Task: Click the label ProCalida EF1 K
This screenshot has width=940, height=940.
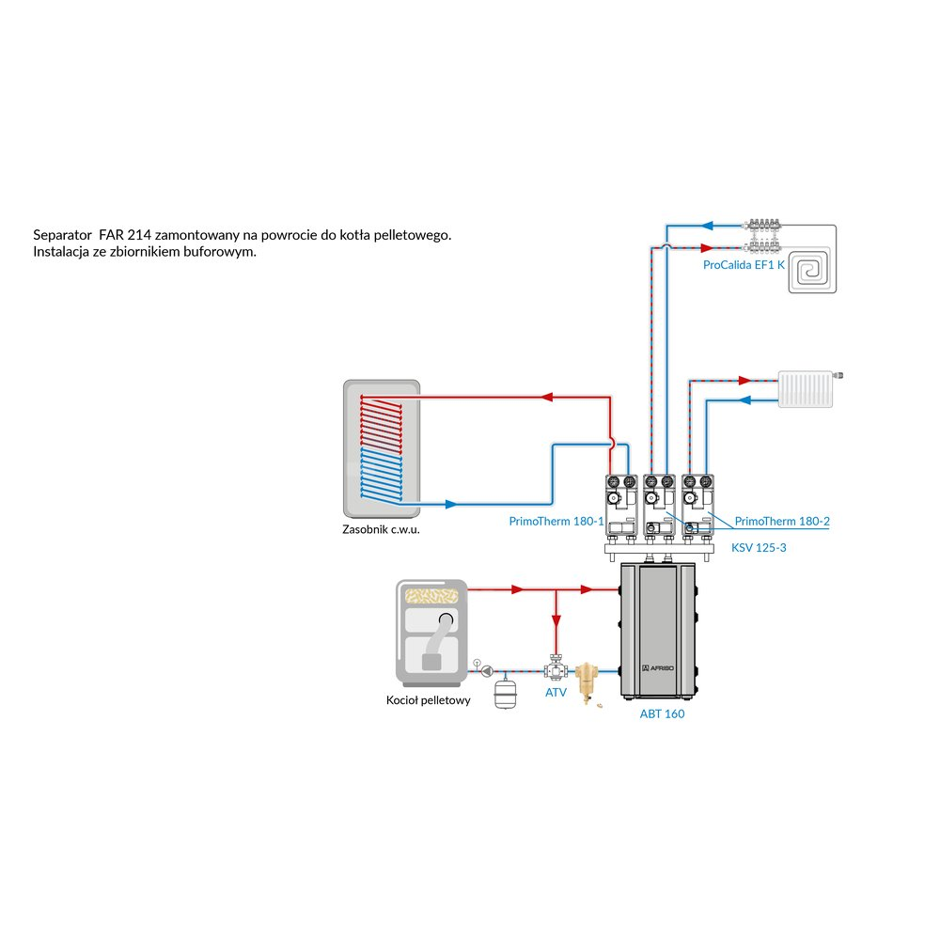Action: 744,265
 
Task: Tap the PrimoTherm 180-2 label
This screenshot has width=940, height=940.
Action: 782,521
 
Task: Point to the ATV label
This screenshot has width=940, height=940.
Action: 556,693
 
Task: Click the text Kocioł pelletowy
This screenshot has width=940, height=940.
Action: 428,700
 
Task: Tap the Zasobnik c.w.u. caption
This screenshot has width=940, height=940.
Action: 381,530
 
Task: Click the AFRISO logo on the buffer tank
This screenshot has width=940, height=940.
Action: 662,667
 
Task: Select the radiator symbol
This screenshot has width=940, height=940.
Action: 807,390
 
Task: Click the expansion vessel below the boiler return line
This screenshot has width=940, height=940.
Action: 508,694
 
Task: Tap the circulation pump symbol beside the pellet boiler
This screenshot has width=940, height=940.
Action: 488,671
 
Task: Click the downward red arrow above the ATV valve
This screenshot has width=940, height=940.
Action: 556,621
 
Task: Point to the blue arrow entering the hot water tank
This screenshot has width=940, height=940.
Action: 450,504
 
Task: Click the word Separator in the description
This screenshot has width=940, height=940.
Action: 61,235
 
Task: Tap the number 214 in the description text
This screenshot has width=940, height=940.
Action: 138,235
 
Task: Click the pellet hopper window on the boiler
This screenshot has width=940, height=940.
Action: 430,594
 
